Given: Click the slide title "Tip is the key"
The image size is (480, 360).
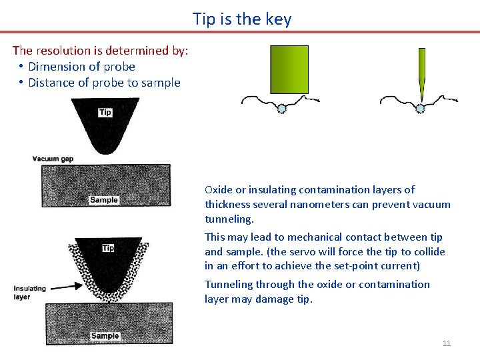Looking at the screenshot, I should (242, 19).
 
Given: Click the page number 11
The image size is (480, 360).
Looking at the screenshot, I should (447, 343).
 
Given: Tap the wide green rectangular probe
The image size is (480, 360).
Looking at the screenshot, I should (289, 69).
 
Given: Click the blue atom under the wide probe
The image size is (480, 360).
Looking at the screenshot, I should (281, 108).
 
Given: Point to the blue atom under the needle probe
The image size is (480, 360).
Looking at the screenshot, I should (420, 108).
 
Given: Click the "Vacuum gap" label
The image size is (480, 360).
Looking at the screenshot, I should (53, 159).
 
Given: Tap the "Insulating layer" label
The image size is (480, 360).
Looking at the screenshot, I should (30, 293).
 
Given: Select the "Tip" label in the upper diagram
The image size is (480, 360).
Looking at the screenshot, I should (105, 112).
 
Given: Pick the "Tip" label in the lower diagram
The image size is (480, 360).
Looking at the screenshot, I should (108, 248).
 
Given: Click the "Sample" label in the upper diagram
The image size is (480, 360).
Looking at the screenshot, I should (104, 200).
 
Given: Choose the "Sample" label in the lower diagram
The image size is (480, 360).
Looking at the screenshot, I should (105, 336).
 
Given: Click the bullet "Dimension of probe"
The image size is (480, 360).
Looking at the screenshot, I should (81, 67).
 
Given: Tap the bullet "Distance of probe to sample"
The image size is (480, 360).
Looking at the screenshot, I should (104, 83).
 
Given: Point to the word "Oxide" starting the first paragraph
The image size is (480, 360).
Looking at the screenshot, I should (219, 190).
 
